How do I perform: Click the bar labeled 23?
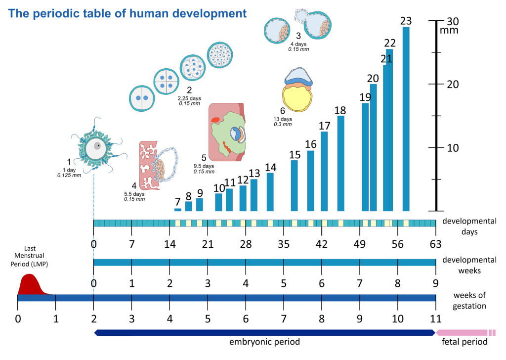406,119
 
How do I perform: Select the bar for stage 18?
340,163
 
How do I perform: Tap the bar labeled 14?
270,192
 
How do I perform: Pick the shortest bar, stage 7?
178,210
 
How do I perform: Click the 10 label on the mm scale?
453,148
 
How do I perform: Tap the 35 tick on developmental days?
284,243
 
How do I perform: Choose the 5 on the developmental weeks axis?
284,283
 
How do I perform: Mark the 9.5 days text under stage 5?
204,166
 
